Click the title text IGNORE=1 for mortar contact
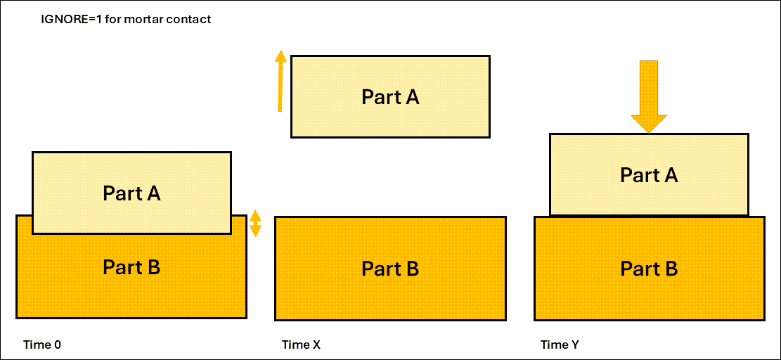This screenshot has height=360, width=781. click(126, 20)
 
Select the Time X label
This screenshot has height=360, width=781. click(301, 345)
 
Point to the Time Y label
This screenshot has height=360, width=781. click(560, 345)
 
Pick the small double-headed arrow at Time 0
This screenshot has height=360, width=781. click(256, 223)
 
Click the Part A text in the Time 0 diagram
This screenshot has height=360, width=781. click(131, 193)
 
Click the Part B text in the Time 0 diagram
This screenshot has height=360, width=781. click(131, 267)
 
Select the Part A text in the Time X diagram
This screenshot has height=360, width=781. click(390, 97)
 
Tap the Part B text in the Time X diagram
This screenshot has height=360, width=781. click(390, 269)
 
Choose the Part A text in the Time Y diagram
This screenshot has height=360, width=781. click(649, 175)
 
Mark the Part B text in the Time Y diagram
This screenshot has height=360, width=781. click(649, 269)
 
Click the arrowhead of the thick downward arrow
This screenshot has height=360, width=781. click(648, 122)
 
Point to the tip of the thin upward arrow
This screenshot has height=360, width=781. click(280, 53)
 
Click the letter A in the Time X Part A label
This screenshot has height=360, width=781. click(412, 97)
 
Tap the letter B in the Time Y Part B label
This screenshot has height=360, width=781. click(671, 269)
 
